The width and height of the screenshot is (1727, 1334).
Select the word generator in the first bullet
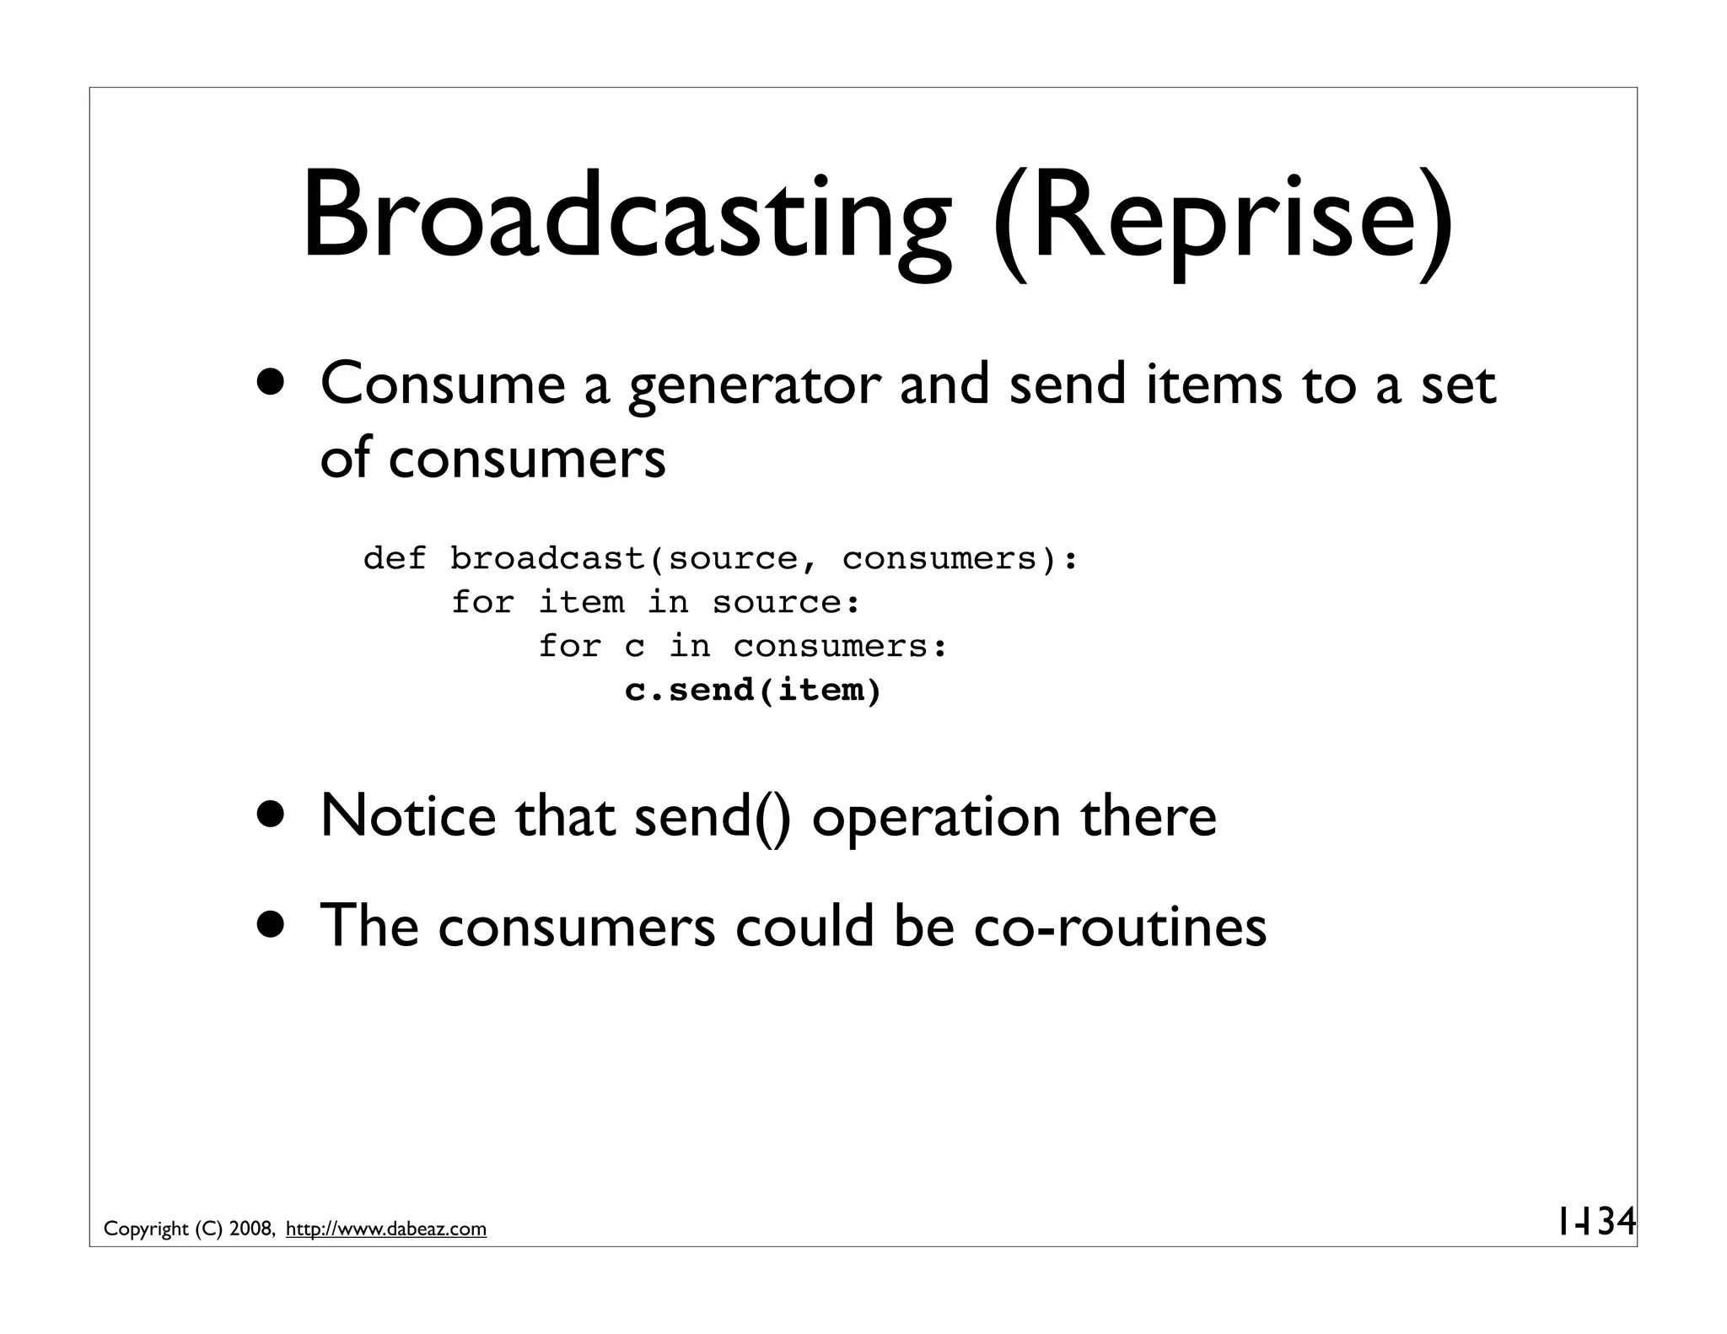tap(754, 386)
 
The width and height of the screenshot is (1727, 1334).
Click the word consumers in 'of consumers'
tap(527, 460)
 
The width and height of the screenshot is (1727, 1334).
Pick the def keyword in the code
tap(394, 558)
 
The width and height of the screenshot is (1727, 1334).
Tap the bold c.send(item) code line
tap(752, 691)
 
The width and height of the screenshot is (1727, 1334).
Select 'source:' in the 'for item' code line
tap(786, 603)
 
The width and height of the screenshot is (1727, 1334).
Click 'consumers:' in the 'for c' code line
tap(841, 647)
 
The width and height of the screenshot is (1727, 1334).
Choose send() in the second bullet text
tap(713, 818)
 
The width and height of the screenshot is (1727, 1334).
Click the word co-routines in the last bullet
tap(1119, 926)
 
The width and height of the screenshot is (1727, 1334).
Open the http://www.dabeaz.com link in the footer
tap(386, 1229)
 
